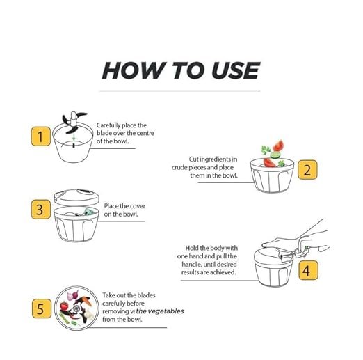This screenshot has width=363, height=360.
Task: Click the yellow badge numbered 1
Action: pyautogui.click(x=40, y=136)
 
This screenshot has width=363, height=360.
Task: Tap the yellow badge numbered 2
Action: pyautogui.click(x=307, y=169)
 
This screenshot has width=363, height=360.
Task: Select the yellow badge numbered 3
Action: pyautogui.click(x=40, y=209)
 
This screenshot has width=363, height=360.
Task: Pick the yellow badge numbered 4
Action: pyautogui.click(x=308, y=270)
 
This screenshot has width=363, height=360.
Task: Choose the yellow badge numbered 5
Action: pyautogui.click(x=42, y=308)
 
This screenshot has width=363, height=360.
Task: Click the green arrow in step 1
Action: pyautogui.click(x=74, y=137)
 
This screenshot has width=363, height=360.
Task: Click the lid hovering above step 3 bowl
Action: pyautogui.click(x=76, y=197)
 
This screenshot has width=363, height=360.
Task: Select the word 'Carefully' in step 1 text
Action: pyautogui.click(x=108, y=125)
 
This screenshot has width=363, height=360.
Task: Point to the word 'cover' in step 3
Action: pyautogui.click(x=138, y=206)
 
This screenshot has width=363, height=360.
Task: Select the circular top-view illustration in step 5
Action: pyautogui.click(x=76, y=308)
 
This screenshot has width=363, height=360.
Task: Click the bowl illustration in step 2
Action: pyautogui.click(x=272, y=175)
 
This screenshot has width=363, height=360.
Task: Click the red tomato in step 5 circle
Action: pyautogui.click(x=64, y=306)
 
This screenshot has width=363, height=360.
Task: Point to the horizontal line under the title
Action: pyautogui.click(x=180, y=91)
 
